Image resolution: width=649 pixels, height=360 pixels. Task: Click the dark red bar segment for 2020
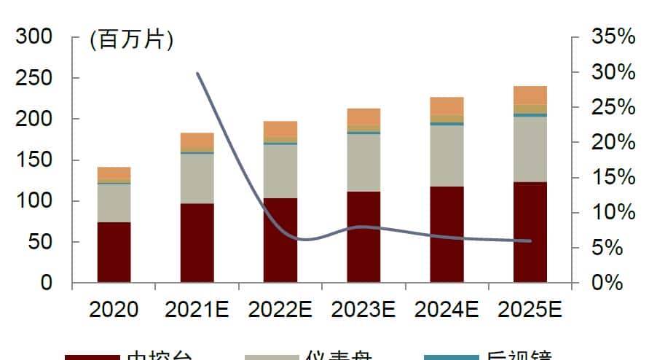coord(114,252)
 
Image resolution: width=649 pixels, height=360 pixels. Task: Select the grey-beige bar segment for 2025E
coord(530,149)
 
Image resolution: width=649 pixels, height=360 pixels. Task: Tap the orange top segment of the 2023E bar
coord(363,116)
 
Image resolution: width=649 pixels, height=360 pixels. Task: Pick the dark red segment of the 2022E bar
coord(280,240)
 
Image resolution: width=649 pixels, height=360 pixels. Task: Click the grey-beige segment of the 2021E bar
coord(197,179)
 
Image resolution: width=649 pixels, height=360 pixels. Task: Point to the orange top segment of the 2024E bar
coord(447,106)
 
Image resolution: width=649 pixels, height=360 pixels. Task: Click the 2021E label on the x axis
coord(197,310)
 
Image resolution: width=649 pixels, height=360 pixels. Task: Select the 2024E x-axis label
coord(447,310)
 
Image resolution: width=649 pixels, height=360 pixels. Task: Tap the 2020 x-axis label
coord(114,310)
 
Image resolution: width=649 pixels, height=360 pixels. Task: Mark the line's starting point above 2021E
coord(198,73)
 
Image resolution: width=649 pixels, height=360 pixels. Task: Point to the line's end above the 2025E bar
coord(530,241)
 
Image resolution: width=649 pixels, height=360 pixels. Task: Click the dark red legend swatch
coord(92,357)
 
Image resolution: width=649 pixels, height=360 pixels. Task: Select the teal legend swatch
coord(450,357)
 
